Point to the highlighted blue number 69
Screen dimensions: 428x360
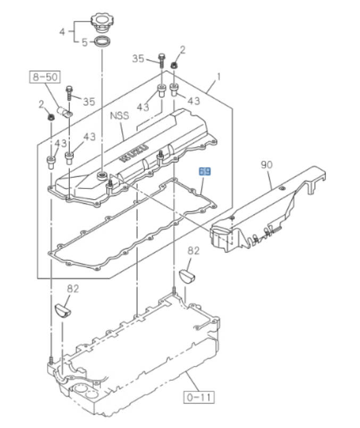[x=205, y=171]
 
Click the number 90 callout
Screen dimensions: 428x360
[x=267, y=165]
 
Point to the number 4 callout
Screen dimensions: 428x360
[x=62, y=32]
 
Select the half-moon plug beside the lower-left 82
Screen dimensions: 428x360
[x=62, y=310]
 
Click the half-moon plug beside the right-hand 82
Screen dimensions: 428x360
[x=187, y=274]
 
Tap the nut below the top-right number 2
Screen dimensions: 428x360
[x=174, y=65]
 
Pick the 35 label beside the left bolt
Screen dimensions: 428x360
[x=88, y=101]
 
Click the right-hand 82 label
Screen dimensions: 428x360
[x=193, y=251]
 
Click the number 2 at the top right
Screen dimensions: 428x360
[x=182, y=50]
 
